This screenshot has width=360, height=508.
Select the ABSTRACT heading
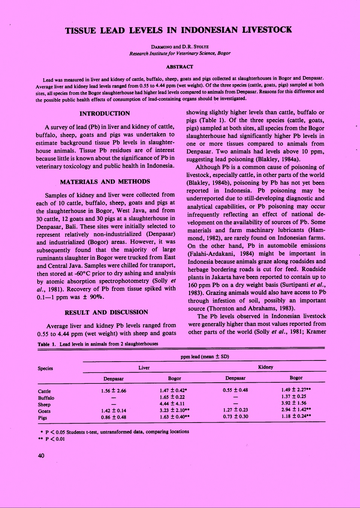pos(180,67)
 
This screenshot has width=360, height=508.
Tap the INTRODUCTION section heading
pos(105,114)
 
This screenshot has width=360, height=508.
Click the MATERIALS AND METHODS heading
pos(105,182)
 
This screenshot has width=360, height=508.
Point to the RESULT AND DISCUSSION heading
pos(106,312)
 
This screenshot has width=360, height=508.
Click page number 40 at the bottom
pos(41,456)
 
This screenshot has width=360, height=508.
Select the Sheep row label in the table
pos(44,405)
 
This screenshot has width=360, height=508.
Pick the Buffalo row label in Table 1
pos(46,398)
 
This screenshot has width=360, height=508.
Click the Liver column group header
pos(144,368)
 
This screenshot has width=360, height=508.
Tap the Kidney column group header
pos(265,367)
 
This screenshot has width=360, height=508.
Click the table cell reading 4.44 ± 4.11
pos(172,403)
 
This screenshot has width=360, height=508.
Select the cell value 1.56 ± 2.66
pos(113,391)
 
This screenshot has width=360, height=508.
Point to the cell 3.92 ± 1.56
pos(294,403)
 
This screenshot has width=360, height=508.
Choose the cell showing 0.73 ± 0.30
pos(235,417)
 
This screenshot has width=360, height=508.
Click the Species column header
pos(45,368)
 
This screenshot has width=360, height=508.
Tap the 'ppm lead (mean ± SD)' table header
pos(204,356)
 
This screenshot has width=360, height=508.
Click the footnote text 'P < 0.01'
pos(55,439)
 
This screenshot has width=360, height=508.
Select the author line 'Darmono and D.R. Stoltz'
pos(180,47)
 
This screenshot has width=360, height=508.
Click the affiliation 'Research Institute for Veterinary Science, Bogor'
pos(180,53)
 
